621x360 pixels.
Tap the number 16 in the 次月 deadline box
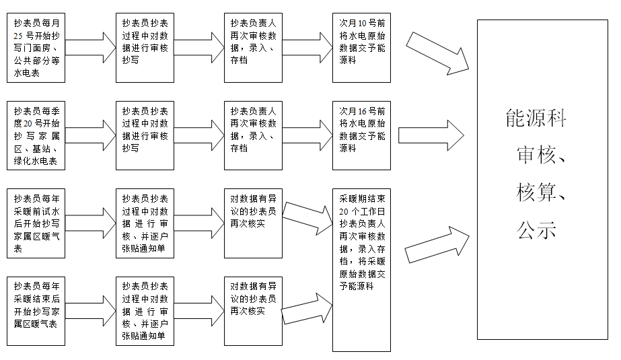pyautogui.click(x=364, y=110)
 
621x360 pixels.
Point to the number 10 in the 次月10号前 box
pyautogui.click(x=364, y=22)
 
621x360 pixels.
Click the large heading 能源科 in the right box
pyautogui.click(x=536, y=119)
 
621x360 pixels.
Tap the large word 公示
pyautogui.click(x=536, y=231)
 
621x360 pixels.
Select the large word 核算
pyautogui.click(x=536, y=193)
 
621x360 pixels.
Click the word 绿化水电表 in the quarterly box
pyautogui.click(x=35, y=161)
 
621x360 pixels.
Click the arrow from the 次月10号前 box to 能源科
pyautogui.click(x=438, y=51)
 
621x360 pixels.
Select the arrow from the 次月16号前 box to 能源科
pyautogui.click(x=431, y=135)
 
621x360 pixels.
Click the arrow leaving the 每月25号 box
pyautogui.click(x=90, y=47)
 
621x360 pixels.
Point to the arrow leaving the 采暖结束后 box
pyautogui.click(x=90, y=310)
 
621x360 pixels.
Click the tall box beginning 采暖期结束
pyautogui.click(x=362, y=269)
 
